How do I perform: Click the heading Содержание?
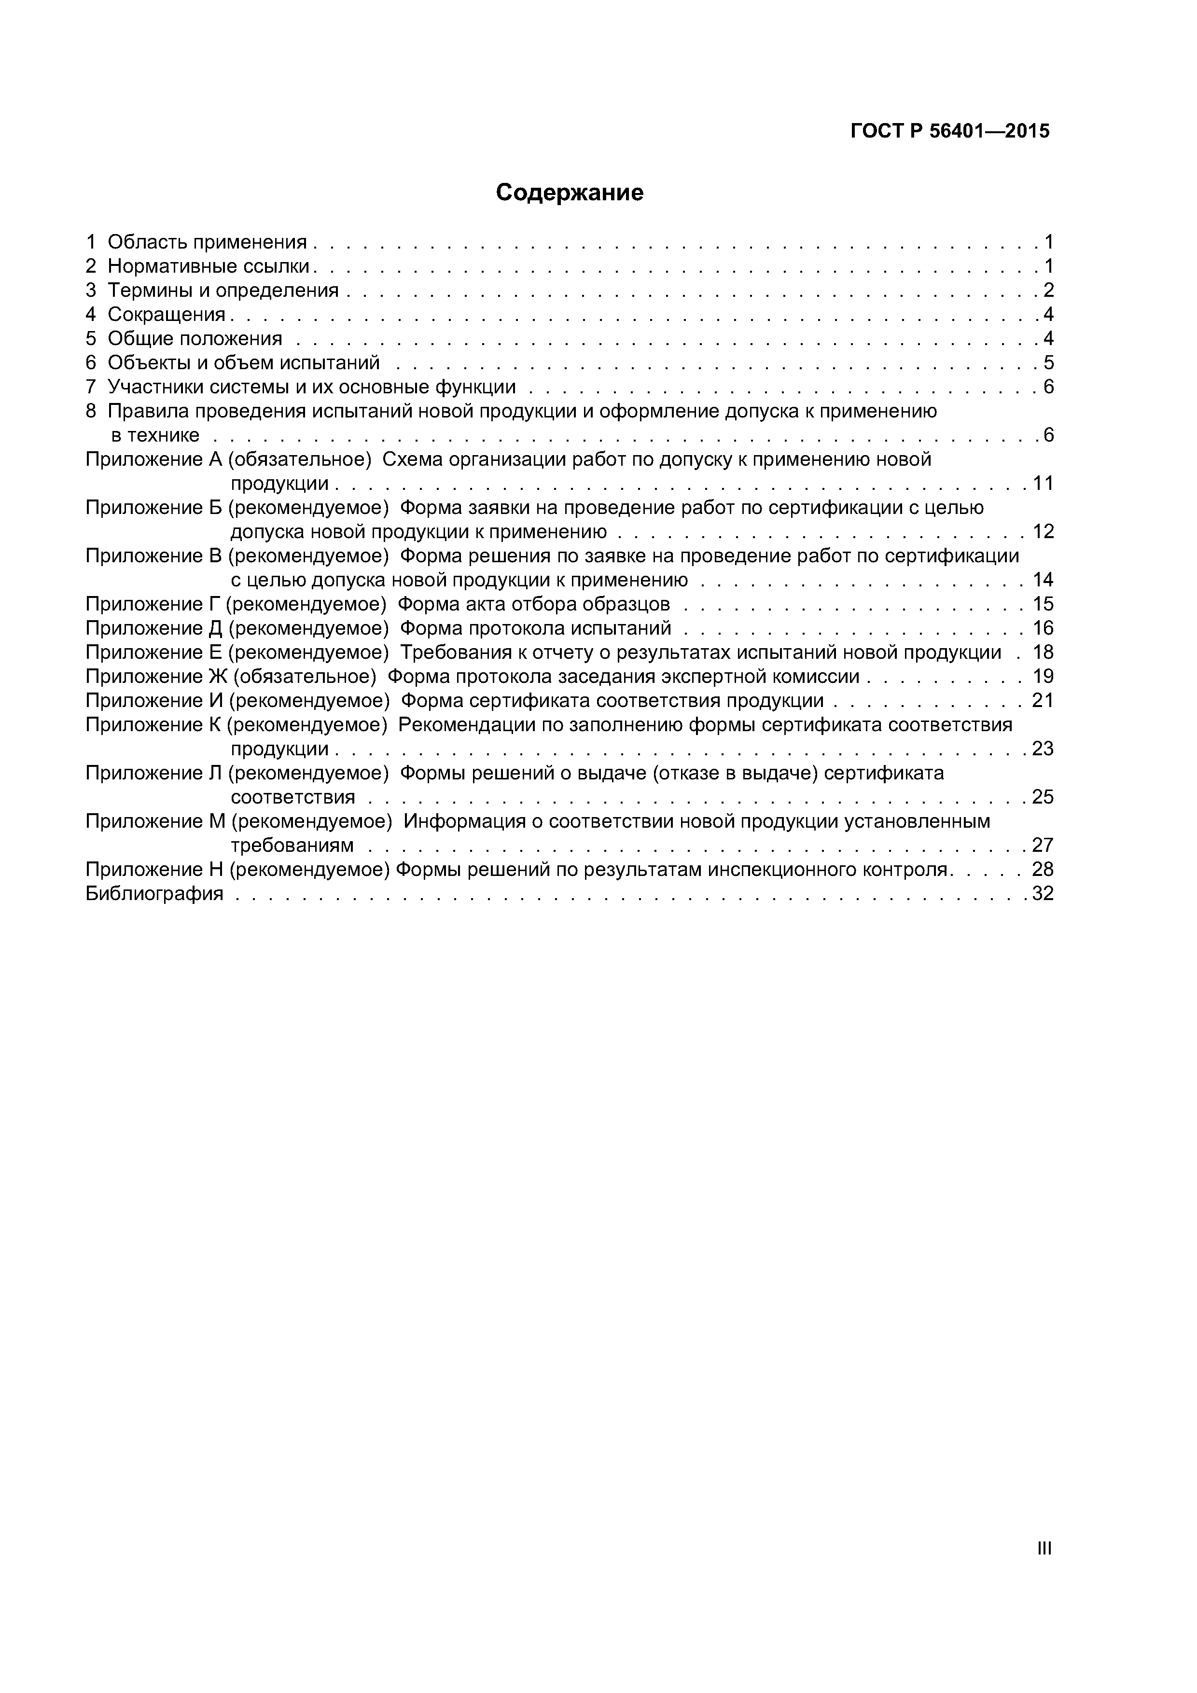[x=570, y=193]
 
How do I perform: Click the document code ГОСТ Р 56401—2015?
[x=950, y=131]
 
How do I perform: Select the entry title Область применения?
[x=207, y=242]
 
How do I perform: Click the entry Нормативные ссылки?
[x=209, y=266]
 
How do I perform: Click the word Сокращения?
[x=167, y=314]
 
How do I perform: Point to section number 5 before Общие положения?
[x=91, y=338]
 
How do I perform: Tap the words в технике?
[x=155, y=435]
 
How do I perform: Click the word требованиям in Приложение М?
[x=292, y=845]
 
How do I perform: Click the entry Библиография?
[x=154, y=894]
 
